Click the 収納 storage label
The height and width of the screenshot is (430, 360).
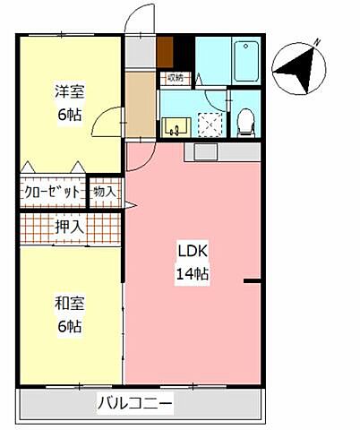[175, 77]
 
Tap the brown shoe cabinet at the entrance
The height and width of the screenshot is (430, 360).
[165, 50]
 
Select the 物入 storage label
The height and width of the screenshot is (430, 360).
[105, 191]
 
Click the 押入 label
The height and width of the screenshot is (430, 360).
[69, 227]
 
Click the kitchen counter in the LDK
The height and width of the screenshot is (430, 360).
[221, 150]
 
